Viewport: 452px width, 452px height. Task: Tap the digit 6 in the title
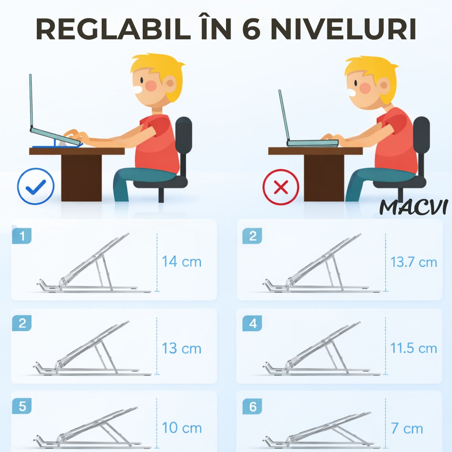coord(252,29)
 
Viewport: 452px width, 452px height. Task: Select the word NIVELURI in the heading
coord(343,29)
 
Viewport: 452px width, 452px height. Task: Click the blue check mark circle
coord(36,186)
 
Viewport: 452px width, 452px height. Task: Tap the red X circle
coord(281,187)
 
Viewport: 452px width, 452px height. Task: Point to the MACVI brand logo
coord(413,207)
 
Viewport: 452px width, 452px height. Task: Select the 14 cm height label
coord(181,262)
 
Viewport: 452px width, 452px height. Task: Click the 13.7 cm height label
coord(413,262)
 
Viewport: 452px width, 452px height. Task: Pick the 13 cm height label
coord(181,349)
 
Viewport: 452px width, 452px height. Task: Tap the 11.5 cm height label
coord(413,348)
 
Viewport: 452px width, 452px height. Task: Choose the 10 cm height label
coord(182,428)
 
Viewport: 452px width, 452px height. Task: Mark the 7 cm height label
coord(407,429)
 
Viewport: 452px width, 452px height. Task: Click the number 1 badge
coord(22,236)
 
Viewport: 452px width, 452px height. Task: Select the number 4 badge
coord(252,323)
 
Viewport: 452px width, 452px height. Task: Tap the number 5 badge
coord(22,406)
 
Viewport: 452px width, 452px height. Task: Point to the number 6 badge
coord(252,406)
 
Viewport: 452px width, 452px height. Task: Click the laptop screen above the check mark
coord(31,101)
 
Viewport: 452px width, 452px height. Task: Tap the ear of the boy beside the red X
coord(384,85)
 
